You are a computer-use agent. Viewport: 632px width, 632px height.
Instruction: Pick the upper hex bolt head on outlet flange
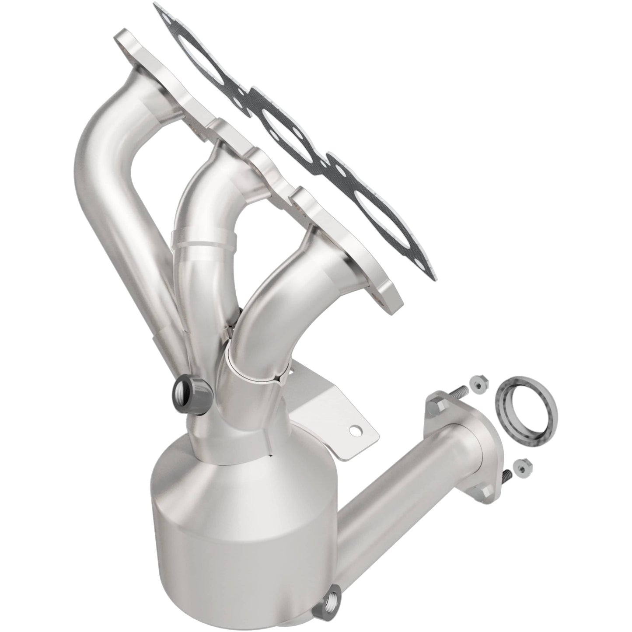pos(435,409)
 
